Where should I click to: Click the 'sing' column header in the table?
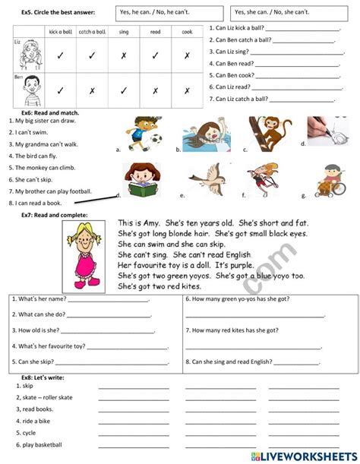point(123,33)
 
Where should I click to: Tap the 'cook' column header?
point(187,33)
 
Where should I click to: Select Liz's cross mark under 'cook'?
point(187,55)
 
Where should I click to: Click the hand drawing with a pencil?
point(327,131)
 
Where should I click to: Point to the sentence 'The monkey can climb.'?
point(38,167)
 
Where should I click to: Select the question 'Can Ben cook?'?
point(236,75)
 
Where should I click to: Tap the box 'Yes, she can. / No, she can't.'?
point(292,12)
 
